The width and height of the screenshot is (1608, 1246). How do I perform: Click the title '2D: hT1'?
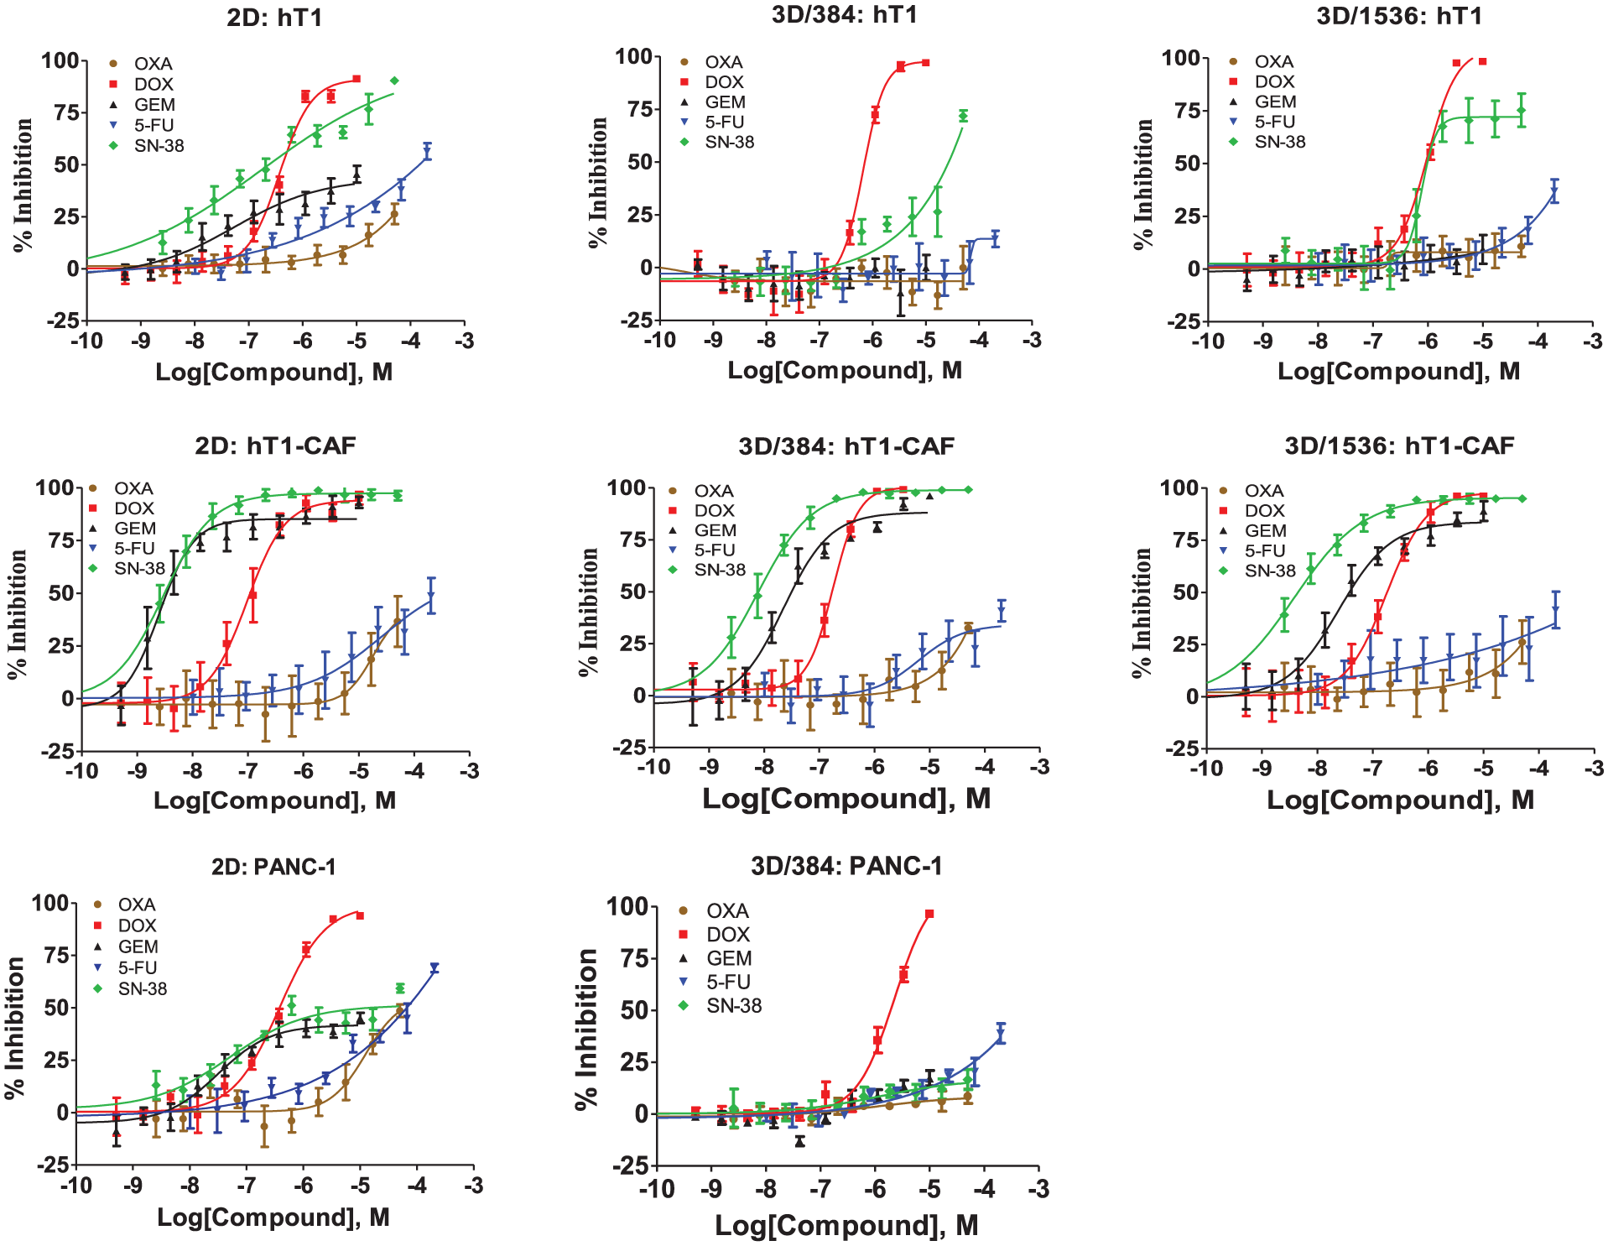[x=274, y=18]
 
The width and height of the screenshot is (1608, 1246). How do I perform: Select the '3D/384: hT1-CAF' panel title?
[x=846, y=446]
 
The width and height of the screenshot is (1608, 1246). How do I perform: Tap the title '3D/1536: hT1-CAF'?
[x=1399, y=446]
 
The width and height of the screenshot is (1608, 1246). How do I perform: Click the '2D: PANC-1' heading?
[x=273, y=866]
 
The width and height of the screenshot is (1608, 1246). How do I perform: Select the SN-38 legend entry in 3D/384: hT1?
[x=718, y=142]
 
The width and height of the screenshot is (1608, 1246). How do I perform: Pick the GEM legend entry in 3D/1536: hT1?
[x=1262, y=102]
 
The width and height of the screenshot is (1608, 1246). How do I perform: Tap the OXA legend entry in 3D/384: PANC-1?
[x=714, y=910]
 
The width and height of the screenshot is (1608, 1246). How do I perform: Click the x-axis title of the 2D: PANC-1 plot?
[x=273, y=1217]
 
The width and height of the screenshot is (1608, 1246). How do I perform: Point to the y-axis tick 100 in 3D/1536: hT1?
[x=1181, y=58]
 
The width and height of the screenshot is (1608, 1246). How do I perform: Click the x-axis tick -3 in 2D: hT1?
[x=464, y=341]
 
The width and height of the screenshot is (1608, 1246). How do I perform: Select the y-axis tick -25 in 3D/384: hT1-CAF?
[x=627, y=747]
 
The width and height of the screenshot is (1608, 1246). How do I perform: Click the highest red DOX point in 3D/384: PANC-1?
[x=929, y=914]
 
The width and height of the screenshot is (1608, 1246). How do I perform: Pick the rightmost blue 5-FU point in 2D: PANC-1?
[x=435, y=967]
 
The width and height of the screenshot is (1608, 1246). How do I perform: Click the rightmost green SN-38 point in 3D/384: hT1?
[x=963, y=116]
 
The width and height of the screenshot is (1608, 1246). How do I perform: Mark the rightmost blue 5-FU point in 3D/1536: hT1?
[x=1554, y=192]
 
